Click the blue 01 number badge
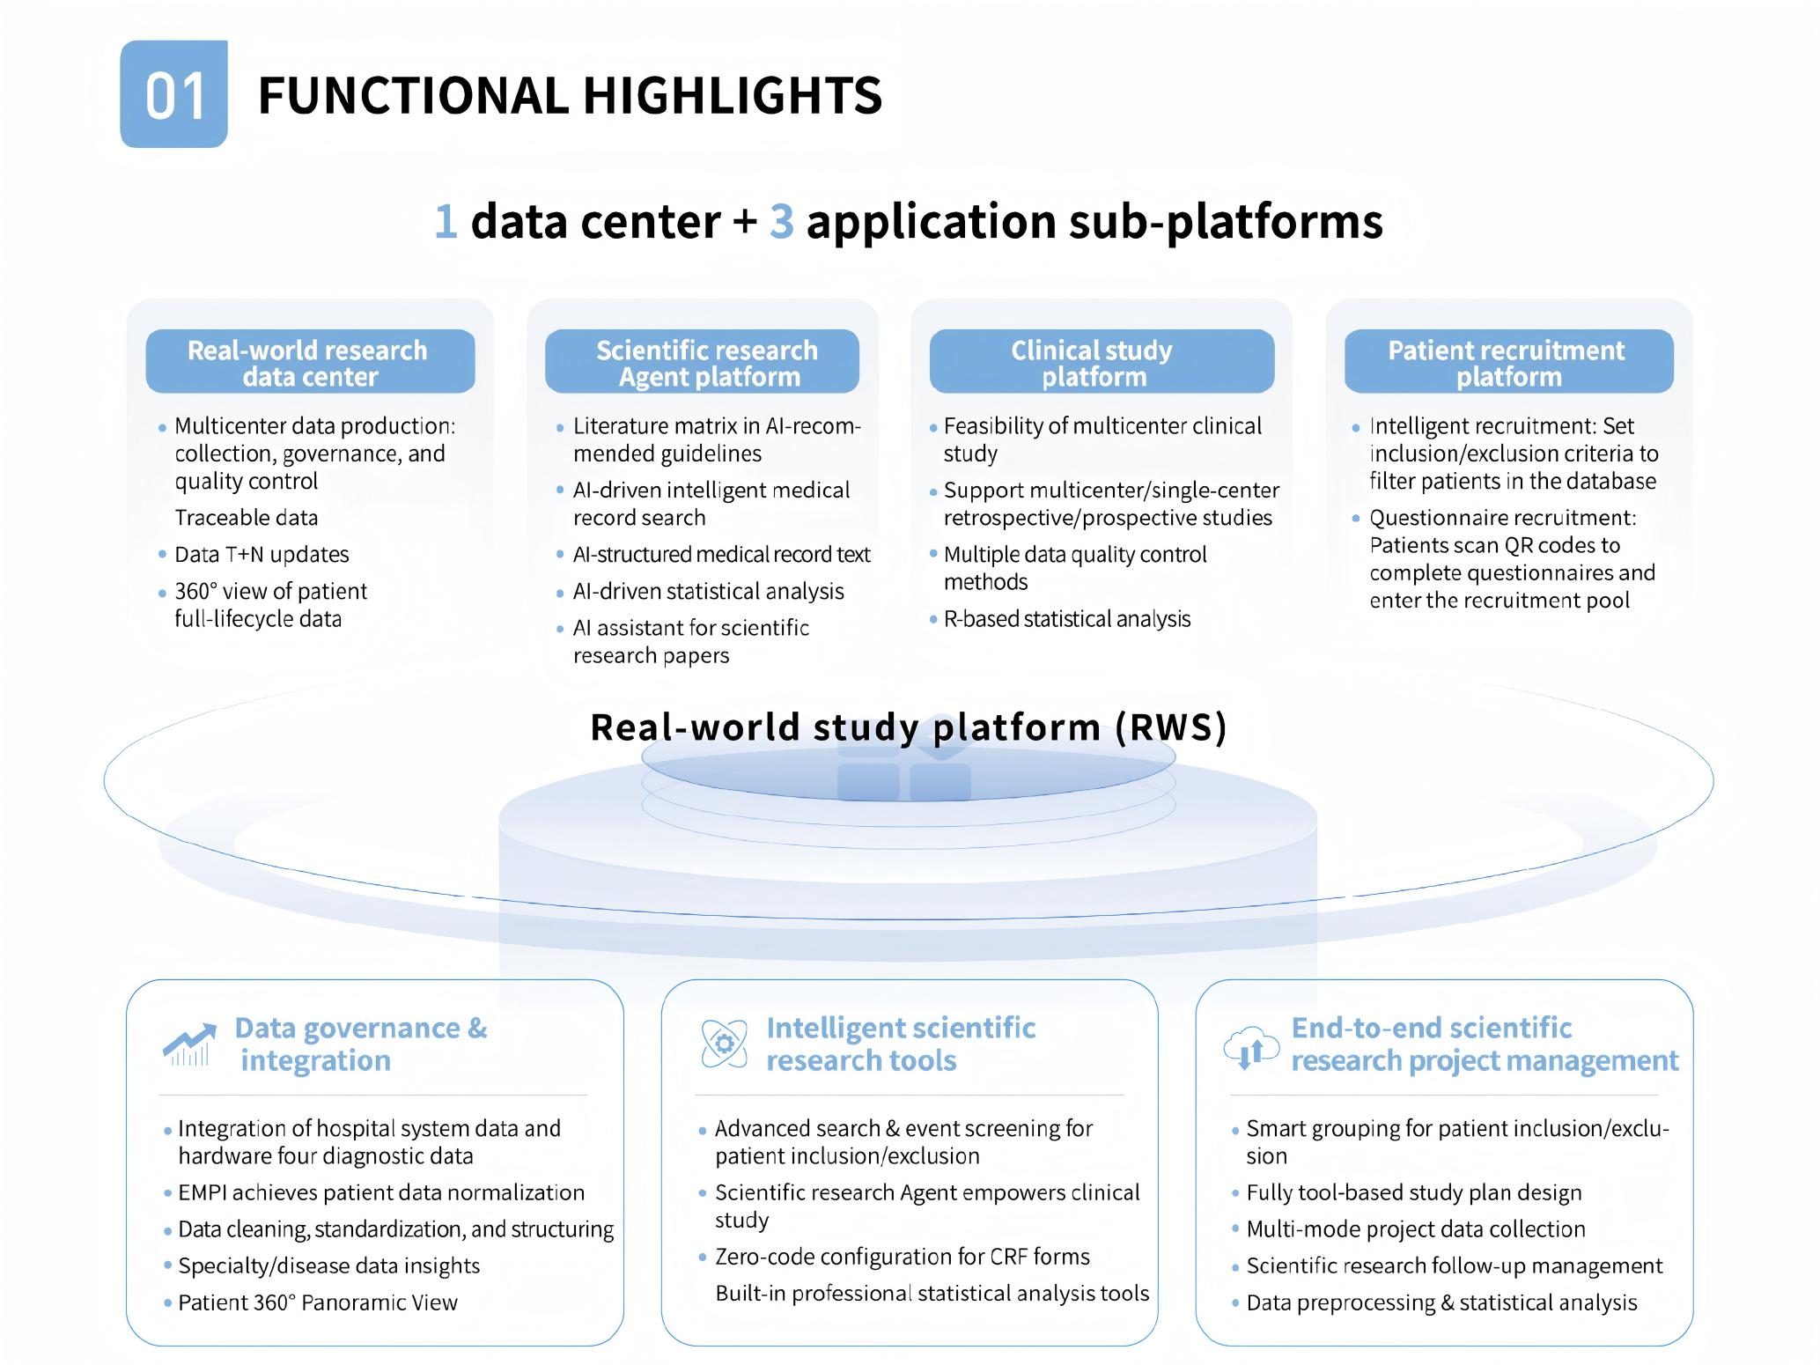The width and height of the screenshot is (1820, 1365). click(173, 94)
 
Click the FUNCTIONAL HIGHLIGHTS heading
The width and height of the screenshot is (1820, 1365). click(569, 95)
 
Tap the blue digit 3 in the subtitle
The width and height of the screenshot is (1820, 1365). click(781, 221)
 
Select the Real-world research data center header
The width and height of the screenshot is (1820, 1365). click(310, 362)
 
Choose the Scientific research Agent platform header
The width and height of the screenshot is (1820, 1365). click(702, 362)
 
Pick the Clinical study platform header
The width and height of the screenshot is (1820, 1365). click(1102, 362)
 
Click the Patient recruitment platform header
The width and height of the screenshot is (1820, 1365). click(1508, 362)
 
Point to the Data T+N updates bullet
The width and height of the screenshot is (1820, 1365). click(262, 555)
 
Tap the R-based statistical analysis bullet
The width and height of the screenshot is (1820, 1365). click(1066, 619)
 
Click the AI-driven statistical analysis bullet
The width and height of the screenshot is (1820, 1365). click(708, 592)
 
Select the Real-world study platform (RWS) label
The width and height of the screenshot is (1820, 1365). click(908, 727)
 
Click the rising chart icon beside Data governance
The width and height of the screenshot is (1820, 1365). click(189, 1044)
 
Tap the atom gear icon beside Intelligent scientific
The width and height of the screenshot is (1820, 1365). click(724, 1044)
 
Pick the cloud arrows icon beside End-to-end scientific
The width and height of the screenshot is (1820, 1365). click(1251, 1045)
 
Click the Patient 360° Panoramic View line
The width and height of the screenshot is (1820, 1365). click(317, 1302)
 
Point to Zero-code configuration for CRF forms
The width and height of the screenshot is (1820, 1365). click(902, 1257)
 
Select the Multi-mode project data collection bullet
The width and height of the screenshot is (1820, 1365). click(1415, 1229)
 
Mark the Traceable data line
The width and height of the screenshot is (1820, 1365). click(246, 518)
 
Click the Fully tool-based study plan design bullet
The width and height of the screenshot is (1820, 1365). click(1413, 1192)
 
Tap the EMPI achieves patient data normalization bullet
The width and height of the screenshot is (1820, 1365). click(380, 1192)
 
